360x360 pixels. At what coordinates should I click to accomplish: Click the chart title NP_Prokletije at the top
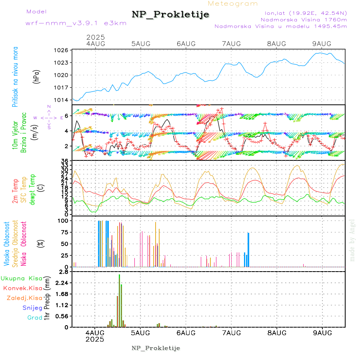(170, 15)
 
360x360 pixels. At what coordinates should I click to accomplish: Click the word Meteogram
(233, 4)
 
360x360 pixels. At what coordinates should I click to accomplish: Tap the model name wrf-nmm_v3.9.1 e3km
(76, 23)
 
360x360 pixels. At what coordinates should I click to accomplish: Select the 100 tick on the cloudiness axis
(64, 220)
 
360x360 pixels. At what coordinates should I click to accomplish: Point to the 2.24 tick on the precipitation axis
(62, 283)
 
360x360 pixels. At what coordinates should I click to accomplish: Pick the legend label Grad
(35, 318)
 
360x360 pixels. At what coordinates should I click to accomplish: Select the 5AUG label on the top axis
(141, 44)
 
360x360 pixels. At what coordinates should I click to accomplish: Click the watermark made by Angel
(352, 240)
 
